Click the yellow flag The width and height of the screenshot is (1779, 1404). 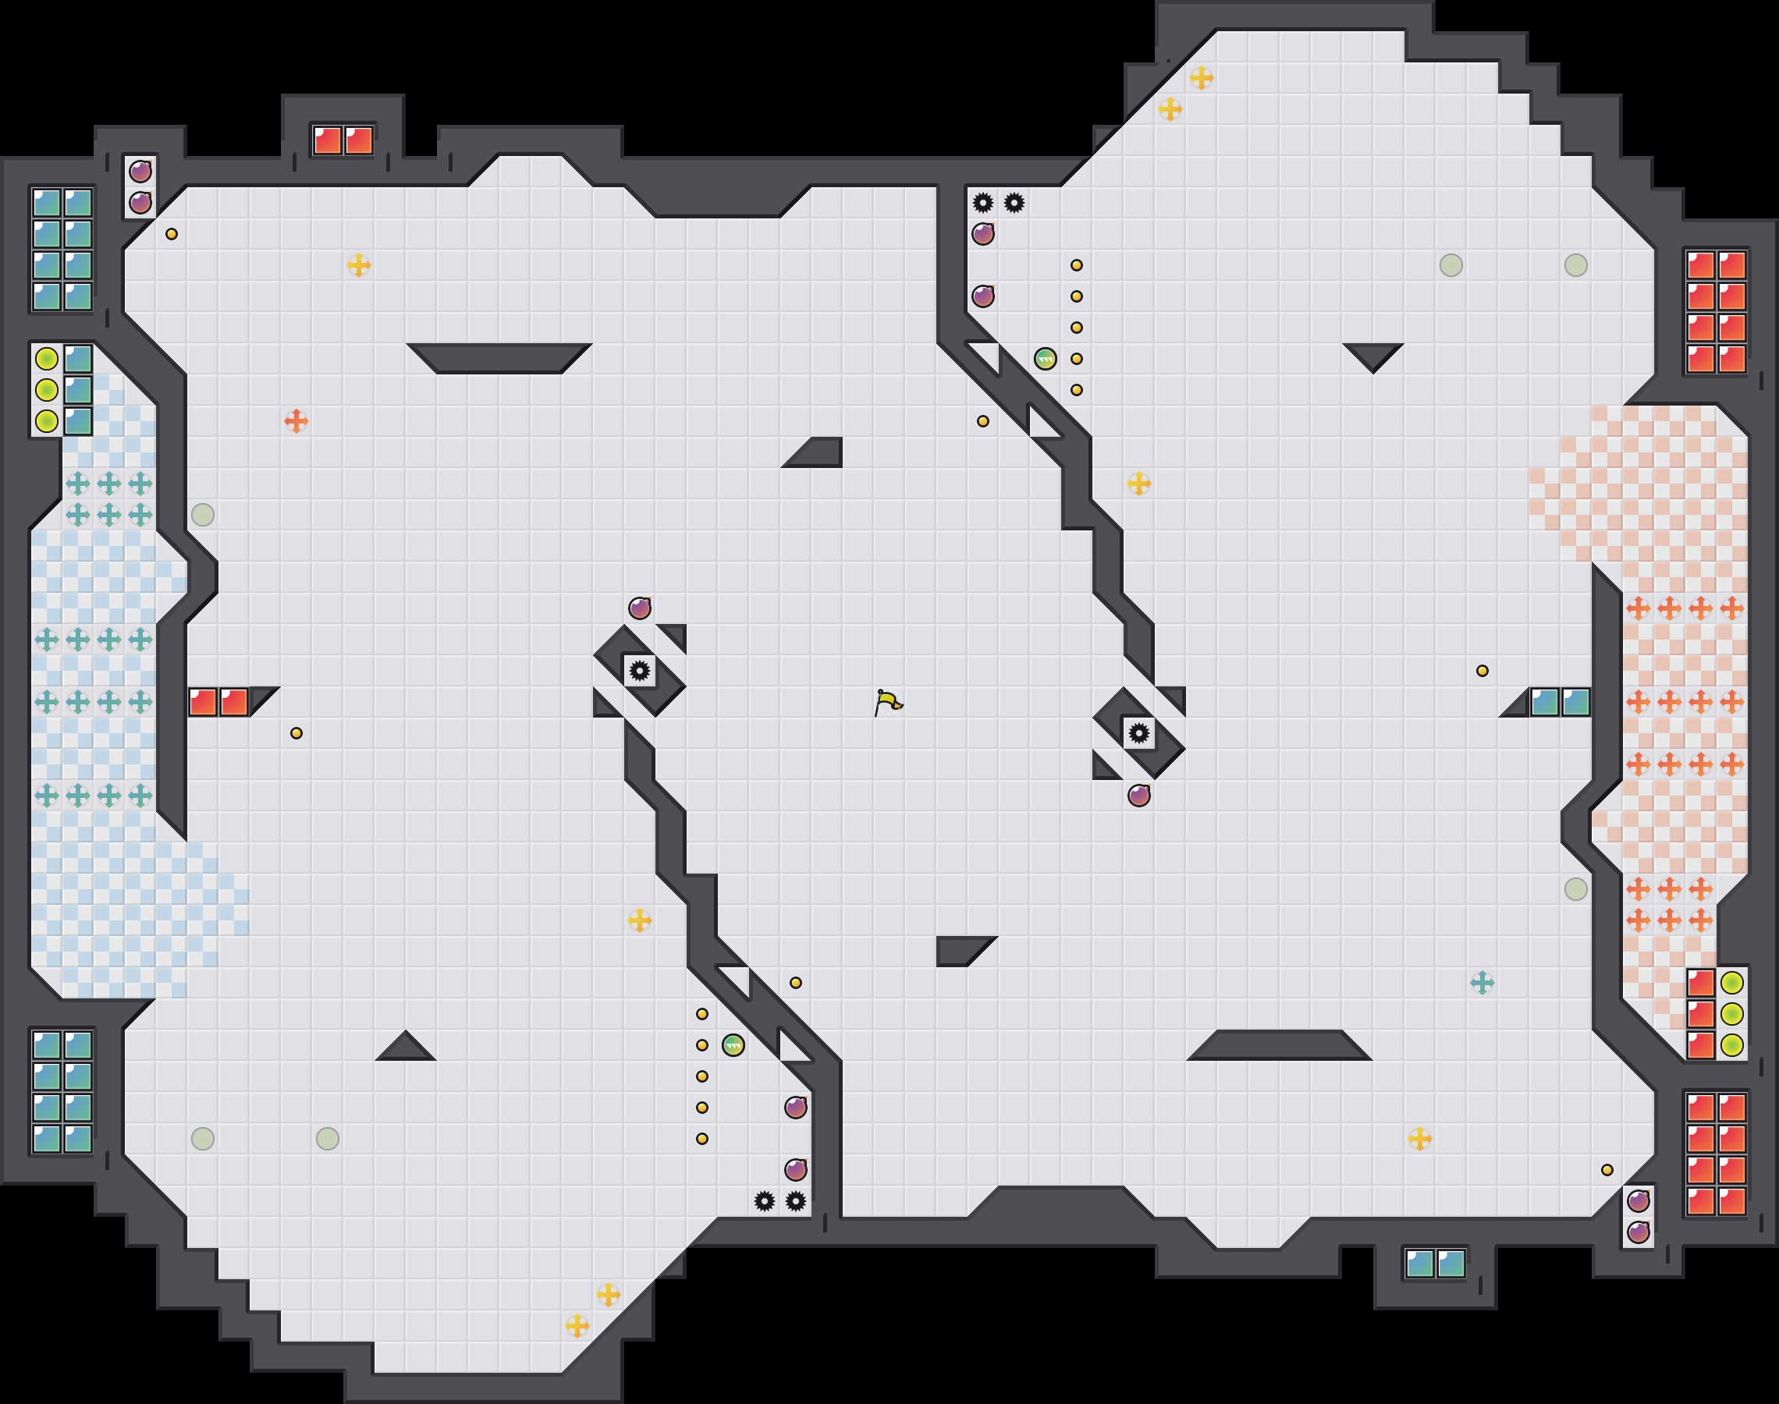888,703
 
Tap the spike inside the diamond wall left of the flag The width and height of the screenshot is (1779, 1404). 640,671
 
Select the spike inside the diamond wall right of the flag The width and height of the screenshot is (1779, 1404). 1138,733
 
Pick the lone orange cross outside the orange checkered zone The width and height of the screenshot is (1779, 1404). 296,421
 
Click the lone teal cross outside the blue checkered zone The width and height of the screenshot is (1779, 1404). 1482,982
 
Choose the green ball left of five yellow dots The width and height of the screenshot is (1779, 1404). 1045,358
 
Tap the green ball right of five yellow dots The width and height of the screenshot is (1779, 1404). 733,1044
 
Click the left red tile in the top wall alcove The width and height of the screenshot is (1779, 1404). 327,140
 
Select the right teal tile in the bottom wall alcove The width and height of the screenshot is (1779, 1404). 1451,1264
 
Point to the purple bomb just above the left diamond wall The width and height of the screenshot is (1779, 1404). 640,608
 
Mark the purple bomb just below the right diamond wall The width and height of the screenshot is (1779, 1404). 1138,795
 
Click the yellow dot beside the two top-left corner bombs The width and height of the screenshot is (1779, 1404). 171,234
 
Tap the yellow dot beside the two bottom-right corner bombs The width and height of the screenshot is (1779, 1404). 1607,1170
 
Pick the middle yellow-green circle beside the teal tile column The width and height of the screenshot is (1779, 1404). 47,390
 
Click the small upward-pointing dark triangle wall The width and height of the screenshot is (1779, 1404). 405,1048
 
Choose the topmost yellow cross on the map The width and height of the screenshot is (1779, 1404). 1201,78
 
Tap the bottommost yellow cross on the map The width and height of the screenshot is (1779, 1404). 577,1325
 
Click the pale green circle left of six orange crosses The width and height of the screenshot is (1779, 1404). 1575,888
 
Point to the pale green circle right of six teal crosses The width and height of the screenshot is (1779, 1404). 202,515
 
